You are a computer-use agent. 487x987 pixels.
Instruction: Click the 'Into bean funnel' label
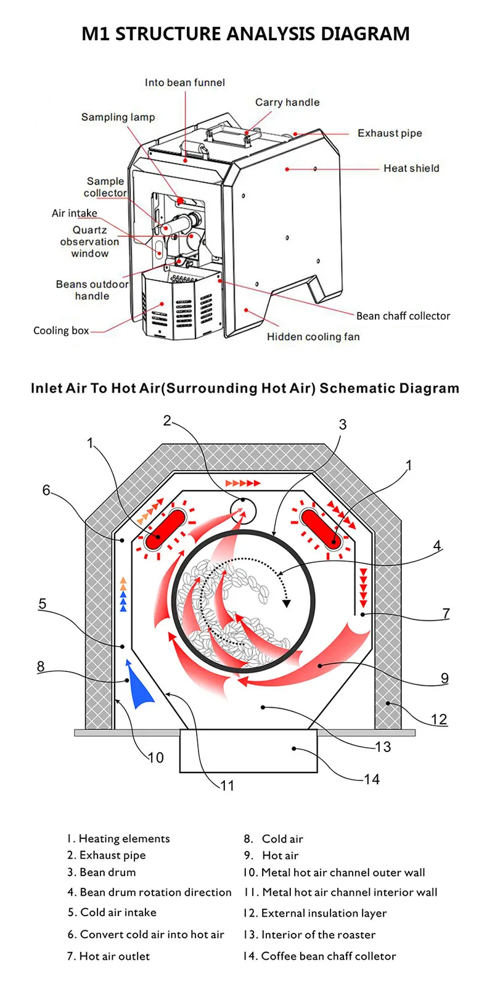click(x=184, y=83)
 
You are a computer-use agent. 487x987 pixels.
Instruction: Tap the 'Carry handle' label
click(x=287, y=102)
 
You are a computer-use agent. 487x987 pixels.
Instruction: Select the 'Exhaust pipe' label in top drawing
click(x=390, y=133)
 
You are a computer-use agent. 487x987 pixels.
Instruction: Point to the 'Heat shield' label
click(x=411, y=168)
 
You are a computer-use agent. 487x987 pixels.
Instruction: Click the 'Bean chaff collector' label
click(x=403, y=316)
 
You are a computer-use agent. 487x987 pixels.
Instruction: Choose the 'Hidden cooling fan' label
click(x=313, y=337)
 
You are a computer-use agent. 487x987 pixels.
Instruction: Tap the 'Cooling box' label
click(x=61, y=330)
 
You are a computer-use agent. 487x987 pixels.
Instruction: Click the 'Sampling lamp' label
click(x=118, y=117)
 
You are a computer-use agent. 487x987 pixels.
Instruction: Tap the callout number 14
click(x=372, y=779)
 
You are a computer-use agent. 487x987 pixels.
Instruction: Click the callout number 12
click(x=439, y=719)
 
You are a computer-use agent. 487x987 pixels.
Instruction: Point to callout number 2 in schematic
click(x=167, y=420)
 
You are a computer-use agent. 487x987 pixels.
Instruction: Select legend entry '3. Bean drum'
click(x=102, y=872)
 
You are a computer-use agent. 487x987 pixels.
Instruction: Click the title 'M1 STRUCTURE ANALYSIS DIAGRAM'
click(x=245, y=33)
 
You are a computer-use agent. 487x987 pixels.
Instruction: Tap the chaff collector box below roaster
click(x=248, y=751)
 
